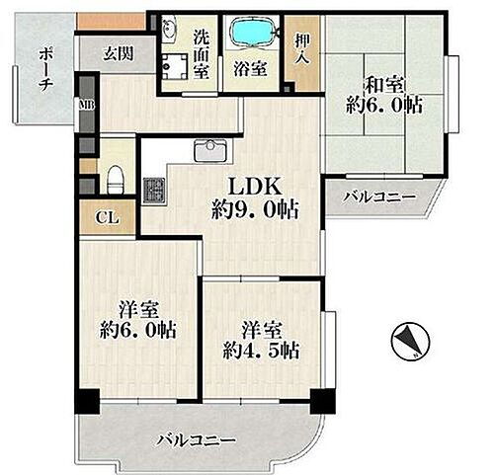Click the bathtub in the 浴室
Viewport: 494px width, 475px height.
click(x=255, y=33)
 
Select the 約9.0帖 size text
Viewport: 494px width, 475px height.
click(x=255, y=209)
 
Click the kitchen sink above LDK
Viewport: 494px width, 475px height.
click(x=208, y=151)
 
